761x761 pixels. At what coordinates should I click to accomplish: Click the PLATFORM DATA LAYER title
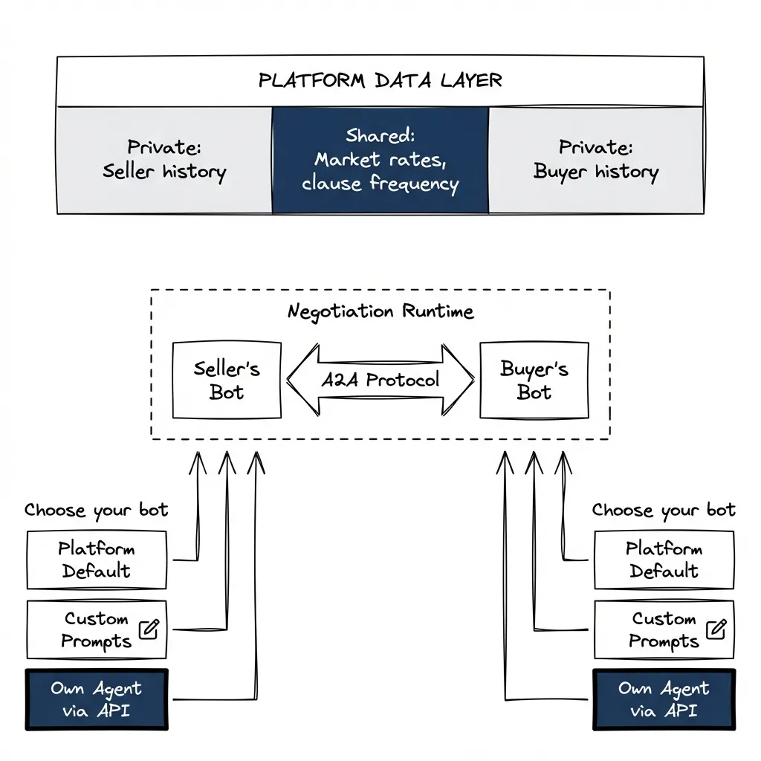pos(380,80)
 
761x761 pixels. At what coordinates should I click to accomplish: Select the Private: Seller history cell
pos(164,161)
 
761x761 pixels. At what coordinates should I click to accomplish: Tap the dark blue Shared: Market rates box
pos(380,161)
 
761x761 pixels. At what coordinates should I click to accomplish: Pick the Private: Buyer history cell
pos(596,161)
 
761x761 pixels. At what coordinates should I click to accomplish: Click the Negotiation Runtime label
pos(380,311)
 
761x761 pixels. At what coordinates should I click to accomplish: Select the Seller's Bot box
pos(227,380)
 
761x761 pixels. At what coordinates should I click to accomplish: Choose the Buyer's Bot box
pos(534,380)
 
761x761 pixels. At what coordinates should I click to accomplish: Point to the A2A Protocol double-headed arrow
pos(380,380)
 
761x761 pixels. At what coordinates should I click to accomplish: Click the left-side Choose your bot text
pos(96,511)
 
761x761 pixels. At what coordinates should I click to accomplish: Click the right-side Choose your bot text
pos(663,511)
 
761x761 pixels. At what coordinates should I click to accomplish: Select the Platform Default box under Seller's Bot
pos(97,560)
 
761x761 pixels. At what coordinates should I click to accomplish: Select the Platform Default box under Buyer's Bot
pos(664,560)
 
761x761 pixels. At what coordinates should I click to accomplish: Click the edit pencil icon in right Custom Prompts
pos(716,629)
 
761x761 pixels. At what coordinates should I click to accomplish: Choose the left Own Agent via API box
pos(97,699)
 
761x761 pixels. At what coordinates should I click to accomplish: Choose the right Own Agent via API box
pos(664,699)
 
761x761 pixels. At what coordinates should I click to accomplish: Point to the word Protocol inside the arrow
pos(402,380)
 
